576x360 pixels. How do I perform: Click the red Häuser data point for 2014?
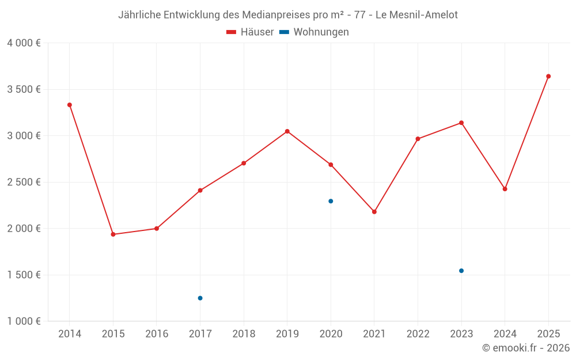[x=70, y=105]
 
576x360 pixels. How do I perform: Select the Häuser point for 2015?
[x=113, y=234]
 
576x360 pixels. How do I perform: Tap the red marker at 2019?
[x=287, y=131]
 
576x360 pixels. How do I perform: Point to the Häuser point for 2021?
[x=374, y=212]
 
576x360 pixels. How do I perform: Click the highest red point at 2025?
[x=548, y=76]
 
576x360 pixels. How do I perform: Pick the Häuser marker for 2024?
[x=505, y=189]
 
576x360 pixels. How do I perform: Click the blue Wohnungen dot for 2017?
[x=200, y=298]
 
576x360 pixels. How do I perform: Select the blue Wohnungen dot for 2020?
[x=331, y=201]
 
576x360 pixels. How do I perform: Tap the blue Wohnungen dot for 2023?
[x=461, y=271]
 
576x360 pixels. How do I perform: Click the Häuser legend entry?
[x=250, y=32]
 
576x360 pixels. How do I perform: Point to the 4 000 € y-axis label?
[x=24, y=43]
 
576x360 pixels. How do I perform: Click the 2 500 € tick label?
[x=24, y=182]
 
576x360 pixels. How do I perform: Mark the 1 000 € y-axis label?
[x=24, y=321]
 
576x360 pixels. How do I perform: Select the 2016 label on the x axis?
[x=157, y=334]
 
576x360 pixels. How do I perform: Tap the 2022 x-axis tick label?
[x=418, y=334]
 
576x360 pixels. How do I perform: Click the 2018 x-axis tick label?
[x=244, y=334]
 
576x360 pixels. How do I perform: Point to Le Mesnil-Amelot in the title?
[x=416, y=15]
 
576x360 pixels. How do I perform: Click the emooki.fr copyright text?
[x=526, y=348]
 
